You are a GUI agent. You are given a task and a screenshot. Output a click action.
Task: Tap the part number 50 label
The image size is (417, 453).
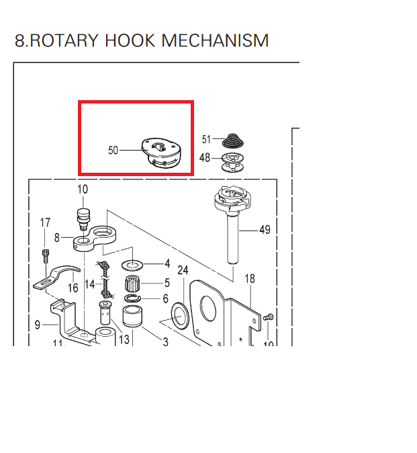coord(113,151)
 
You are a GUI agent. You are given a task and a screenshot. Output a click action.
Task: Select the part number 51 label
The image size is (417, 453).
coord(206,139)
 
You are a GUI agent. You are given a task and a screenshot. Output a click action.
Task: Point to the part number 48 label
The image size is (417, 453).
coord(206,158)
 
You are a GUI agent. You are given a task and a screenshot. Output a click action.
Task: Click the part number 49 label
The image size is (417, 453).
coord(264,230)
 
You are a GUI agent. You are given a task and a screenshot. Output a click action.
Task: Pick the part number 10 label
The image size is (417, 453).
coord(83,190)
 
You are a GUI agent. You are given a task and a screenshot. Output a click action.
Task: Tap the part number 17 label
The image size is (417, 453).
coord(45,223)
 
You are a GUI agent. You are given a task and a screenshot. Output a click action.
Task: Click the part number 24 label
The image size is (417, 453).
coord(182,271)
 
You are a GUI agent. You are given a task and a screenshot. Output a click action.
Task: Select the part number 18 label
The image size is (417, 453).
coord(250,278)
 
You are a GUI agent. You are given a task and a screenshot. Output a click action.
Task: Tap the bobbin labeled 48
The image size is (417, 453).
coord(231,161)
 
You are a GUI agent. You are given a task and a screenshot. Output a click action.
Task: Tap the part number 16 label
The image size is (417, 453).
coord(73,288)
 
